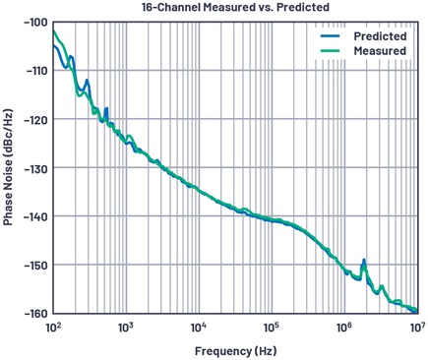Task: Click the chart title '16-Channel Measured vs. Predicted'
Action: [235, 7]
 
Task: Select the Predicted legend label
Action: [380, 36]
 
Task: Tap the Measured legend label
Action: [380, 51]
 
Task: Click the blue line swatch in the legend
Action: [330, 36]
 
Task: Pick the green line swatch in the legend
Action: [330, 51]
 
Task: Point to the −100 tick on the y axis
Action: [35, 22]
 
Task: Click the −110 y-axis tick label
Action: [35, 71]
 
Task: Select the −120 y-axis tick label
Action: [35, 119]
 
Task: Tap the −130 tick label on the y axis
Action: [35, 168]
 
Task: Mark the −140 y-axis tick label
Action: [35, 216]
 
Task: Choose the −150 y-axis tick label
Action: [35, 265]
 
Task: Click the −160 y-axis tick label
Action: [35, 314]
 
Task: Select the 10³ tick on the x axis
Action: [126, 328]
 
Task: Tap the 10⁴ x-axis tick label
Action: [199, 328]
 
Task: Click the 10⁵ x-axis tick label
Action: [272, 328]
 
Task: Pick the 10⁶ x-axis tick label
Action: [344, 328]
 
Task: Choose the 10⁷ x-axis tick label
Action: [417, 328]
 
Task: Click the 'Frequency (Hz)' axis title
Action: [236, 351]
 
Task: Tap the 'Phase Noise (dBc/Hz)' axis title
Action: [8, 167]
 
